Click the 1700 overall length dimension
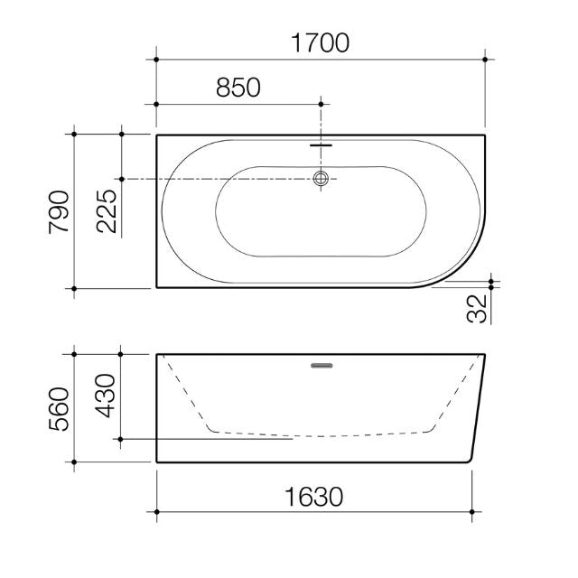(x=322, y=42)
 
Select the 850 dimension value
(x=238, y=88)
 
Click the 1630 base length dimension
(x=314, y=496)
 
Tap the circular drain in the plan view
(x=321, y=179)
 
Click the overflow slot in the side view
(x=322, y=366)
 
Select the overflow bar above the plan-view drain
(x=321, y=143)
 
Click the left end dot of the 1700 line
(x=157, y=60)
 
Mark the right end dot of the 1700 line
(x=486, y=60)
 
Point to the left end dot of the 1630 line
(x=157, y=513)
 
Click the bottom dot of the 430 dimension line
(x=121, y=440)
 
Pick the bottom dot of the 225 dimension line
(x=121, y=179)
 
